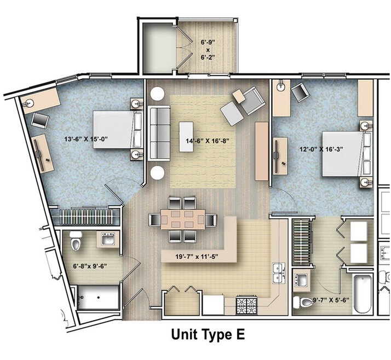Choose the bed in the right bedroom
(x=343, y=153)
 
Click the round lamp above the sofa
(x=158, y=94)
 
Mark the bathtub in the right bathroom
(x=363, y=293)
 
